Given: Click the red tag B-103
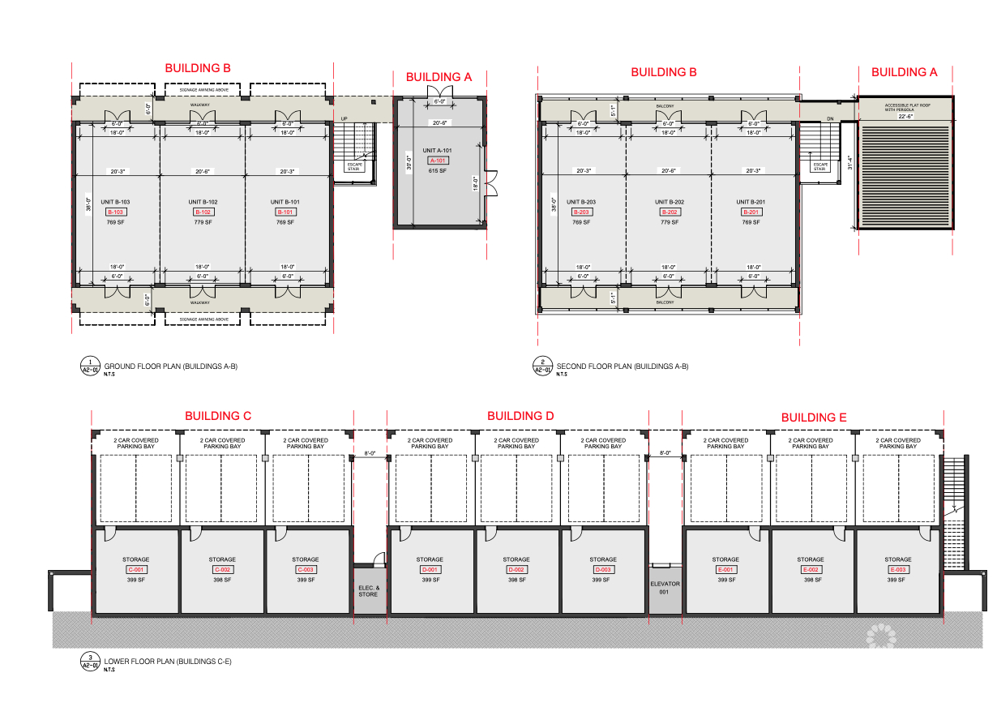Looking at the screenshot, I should pyautogui.click(x=116, y=212).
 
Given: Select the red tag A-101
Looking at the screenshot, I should pyautogui.click(x=439, y=161).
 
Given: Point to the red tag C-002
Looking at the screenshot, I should pyautogui.click(x=222, y=569).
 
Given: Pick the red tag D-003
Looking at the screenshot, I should pyautogui.click(x=602, y=569).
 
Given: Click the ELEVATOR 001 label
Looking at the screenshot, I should pyautogui.click(x=665, y=588).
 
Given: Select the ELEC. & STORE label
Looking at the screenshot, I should pyautogui.click(x=368, y=590).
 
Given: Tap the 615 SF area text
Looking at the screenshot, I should pyautogui.click(x=439, y=171).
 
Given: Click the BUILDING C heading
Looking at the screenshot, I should pyautogui.click(x=218, y=416).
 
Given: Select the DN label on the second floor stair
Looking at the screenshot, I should pyautogui.click(x=829, y=118).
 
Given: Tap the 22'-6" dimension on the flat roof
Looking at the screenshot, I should pyautogui.click(x=905, y=116).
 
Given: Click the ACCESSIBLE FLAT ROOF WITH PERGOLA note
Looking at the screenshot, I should pyautogui.click(x=905, y=106).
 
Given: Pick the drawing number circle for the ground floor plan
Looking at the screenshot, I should pyautogui.click(x=88, y=366).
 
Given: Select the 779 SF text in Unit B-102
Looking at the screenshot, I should pyautogui.click(x=203, y=221).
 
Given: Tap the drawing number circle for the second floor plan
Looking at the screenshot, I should pyautogui.click(x=541, y=366).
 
